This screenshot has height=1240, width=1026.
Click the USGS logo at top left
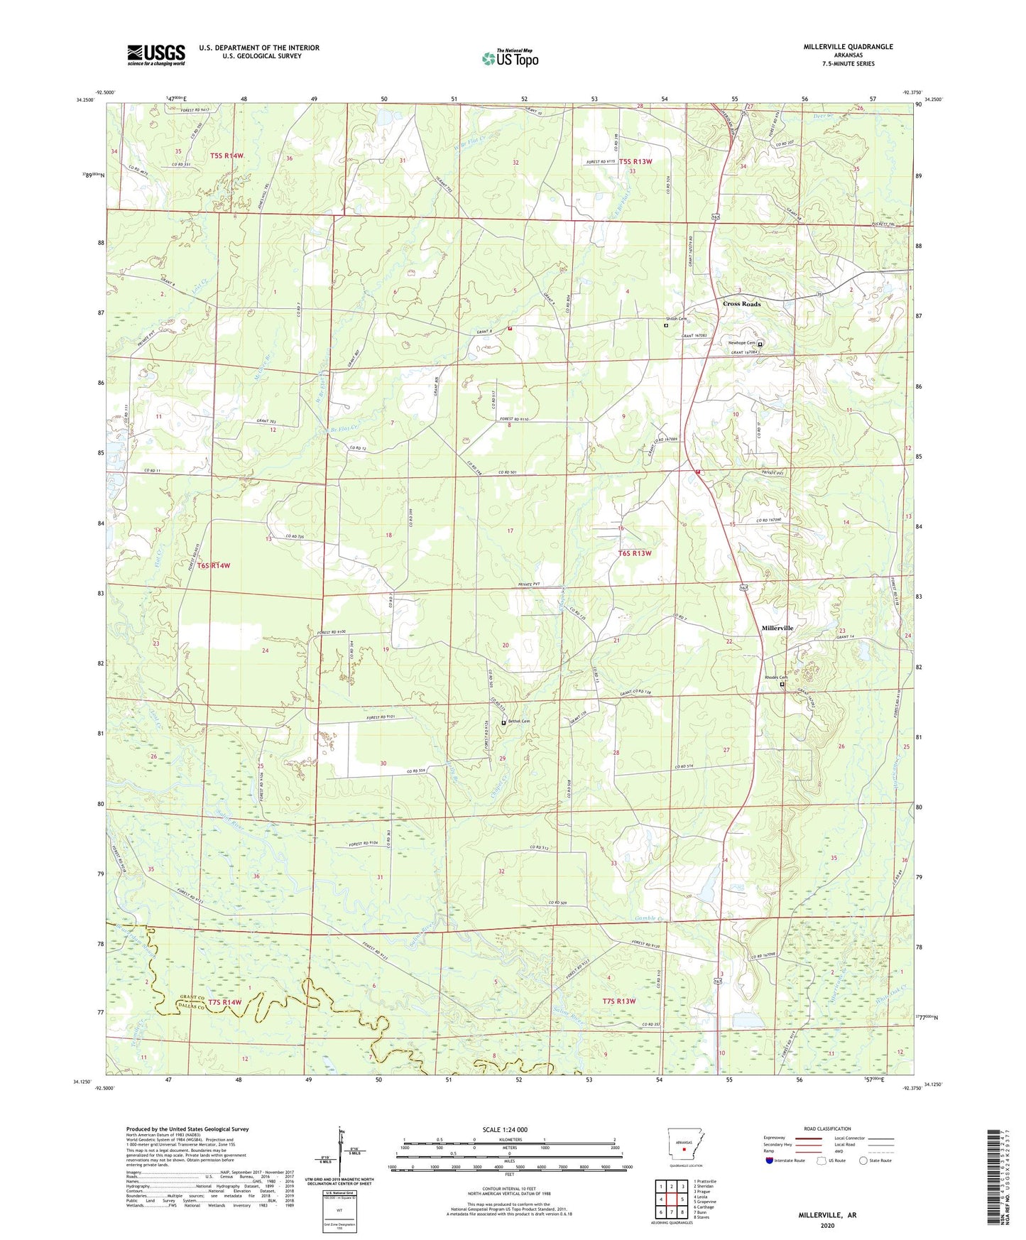pyautogui.click(x=156, y=55)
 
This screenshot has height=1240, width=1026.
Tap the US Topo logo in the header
pyautogui.click(x=510, y=58)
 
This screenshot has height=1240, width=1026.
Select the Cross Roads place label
pyautogui.click(x=741, y=304)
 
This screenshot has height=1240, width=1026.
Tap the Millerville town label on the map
pyautogui.click(x=777, y=629)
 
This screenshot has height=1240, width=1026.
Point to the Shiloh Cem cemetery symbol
pyautogui.click(x=665, y=325)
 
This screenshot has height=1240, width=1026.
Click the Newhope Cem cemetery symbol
pyautogui.click(x=760, y=344)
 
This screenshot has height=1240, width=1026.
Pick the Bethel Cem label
pyautogui.click(x=518, y=722)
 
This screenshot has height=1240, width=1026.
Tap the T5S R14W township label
pyautogui.click(x=227, y=156)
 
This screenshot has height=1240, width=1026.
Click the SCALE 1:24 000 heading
pyautogui.click(x=505, y=1130)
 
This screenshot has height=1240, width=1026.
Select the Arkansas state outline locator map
pyautogui.click(x=684, y=1144)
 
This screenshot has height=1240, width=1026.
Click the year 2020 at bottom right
pyautogui.click(x=827, y=1225)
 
